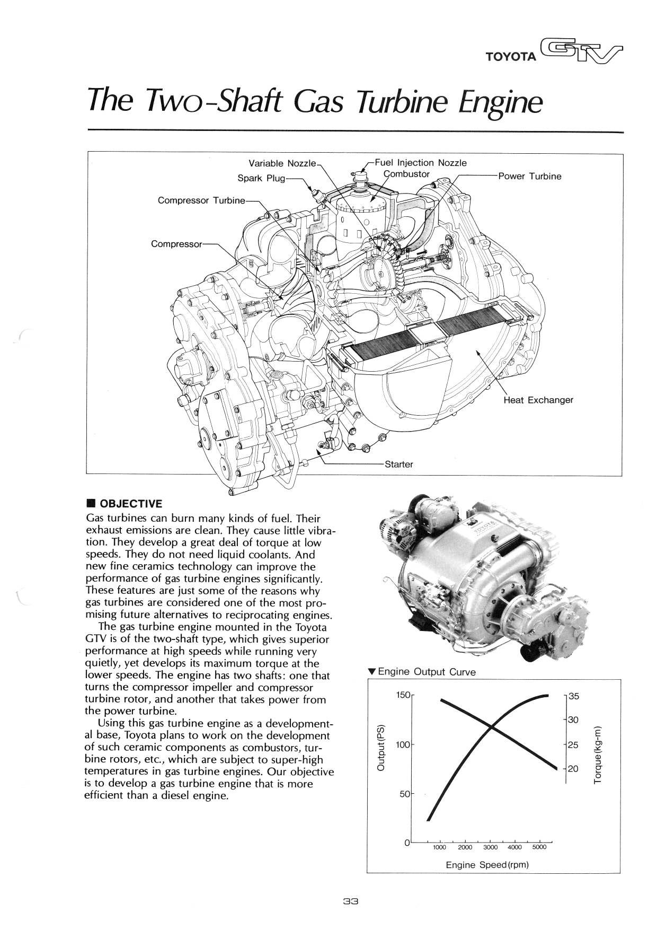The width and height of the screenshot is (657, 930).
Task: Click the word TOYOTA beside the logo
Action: click(x=511, y=57)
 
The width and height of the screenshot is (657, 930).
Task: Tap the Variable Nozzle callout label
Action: click(x=282, y=163)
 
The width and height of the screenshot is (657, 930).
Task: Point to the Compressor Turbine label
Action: click(x=201, y=200)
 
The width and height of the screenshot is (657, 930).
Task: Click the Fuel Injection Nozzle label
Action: click(x=421, y=163)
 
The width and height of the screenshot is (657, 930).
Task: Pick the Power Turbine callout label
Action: click(x=529, y=177)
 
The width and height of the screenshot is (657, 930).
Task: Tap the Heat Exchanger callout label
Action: click(x=538, y=400)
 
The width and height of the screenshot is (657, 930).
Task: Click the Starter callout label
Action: click(x=398, y=464)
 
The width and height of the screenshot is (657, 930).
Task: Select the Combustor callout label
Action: click(x=406, y=174)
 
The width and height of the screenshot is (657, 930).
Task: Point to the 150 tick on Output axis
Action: click(x=403, y=695)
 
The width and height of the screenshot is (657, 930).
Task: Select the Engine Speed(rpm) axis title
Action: click(x=487, y=865)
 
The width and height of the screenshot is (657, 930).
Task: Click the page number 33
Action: click(x=351, y=901)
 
